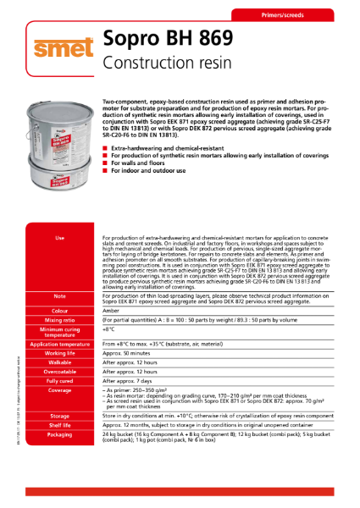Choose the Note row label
click(58, 296)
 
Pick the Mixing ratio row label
click(58, 322)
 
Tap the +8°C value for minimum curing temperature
click(109, 333)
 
